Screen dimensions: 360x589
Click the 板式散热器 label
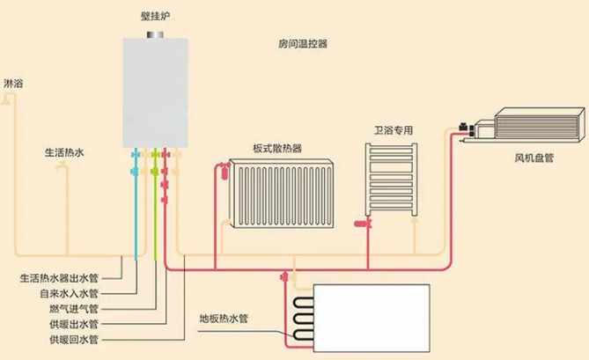point(276,148)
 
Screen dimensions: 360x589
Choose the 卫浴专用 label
point(393,130)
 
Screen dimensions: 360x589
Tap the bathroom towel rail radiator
point(390,176)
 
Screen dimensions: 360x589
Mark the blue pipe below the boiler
point(136,211)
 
